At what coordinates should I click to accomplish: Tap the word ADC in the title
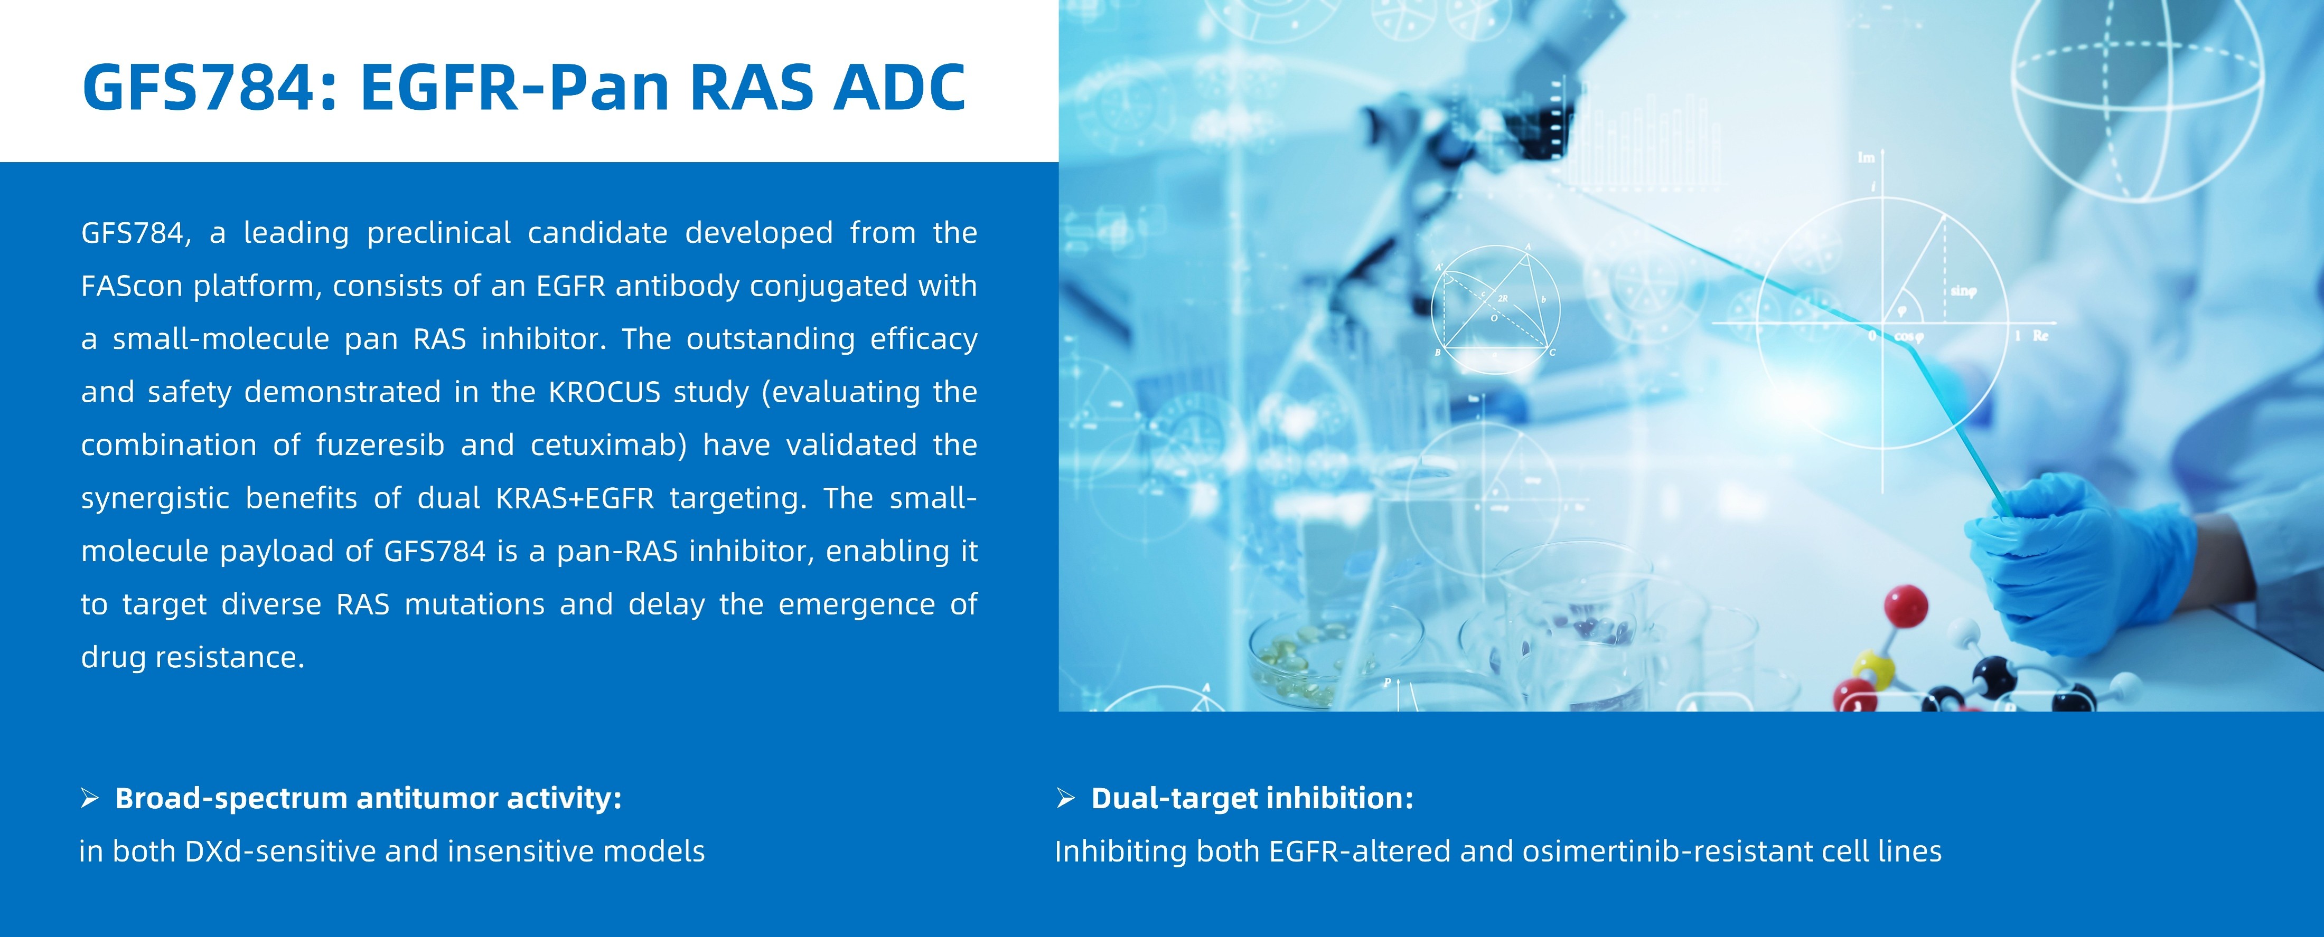tap(899, 88)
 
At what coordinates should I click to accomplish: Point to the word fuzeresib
tap(380, 446)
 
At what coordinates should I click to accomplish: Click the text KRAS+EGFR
tap(575, 499)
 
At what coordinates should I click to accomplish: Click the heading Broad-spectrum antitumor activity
tap(368, 799)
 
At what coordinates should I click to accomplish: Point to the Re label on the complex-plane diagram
tap(2041, 336)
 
